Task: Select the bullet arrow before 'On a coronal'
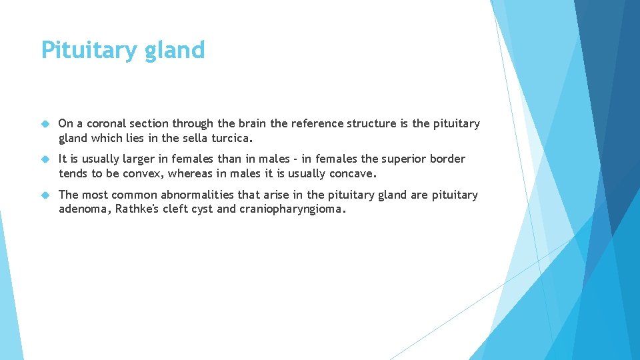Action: [x=45, y=124]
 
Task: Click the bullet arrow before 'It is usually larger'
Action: [x=45, y=159]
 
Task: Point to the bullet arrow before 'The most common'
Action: [x=45, y=195]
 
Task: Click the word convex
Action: [x=143, y=174]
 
